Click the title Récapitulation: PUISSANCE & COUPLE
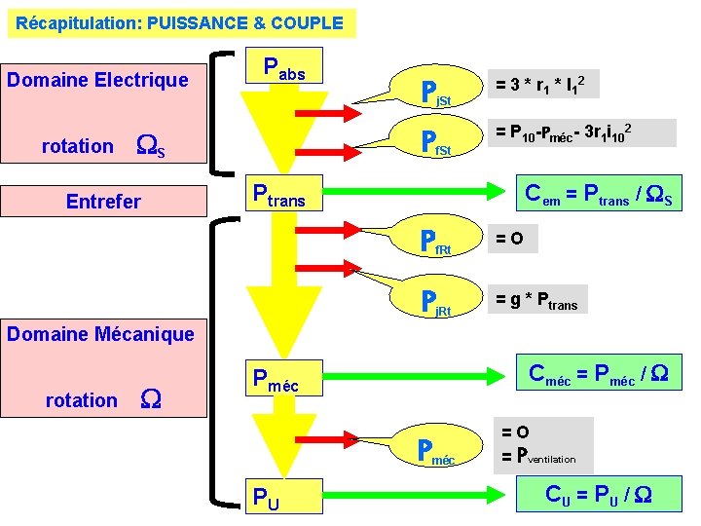coord(180,22)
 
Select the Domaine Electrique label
coord(97,80)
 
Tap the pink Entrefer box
coord(103,202)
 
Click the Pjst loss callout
coord(434,94)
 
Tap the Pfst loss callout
coord(434,142)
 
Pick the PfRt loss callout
coord(434,241)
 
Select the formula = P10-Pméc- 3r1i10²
coord(580,132)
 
